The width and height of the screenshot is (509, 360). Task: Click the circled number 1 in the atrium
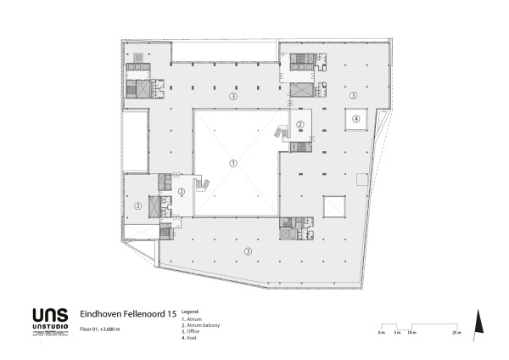(234, 162)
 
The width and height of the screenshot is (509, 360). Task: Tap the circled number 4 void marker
(356, 119)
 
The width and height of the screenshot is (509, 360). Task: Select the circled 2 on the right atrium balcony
(299, 124)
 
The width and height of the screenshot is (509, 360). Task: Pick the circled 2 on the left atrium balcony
(182, 191)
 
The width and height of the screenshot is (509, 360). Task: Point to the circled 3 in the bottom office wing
(248, 250)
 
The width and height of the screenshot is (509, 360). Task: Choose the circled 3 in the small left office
(137, 205)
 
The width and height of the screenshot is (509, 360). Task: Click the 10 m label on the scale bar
(412, 333)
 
